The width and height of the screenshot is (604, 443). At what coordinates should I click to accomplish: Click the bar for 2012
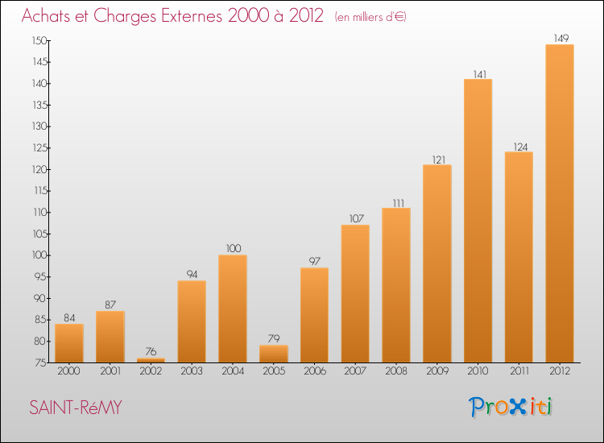pos(560,204)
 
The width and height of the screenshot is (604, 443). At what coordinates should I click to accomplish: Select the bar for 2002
pos(151,360)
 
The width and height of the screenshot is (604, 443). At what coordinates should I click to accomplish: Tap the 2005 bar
pos(274,354)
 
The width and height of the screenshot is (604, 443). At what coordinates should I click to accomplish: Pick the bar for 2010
pos(478,221)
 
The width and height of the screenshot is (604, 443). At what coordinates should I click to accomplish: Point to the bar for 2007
pos(355,293)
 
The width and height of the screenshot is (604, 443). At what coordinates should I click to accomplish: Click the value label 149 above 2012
pos(561,38)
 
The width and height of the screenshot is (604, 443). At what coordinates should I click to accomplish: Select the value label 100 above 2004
pos(234,248)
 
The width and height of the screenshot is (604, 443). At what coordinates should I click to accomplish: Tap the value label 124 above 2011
pos(520,147)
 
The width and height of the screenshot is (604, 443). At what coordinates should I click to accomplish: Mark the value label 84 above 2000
pos(69,318)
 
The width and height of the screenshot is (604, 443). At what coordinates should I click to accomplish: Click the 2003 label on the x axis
pos(192,371)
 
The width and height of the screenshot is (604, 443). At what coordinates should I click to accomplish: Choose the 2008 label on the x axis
pos(396,371)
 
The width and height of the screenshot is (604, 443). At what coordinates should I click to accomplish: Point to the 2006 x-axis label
pos(314,371)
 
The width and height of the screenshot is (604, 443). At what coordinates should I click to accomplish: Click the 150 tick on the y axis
pos(39,40)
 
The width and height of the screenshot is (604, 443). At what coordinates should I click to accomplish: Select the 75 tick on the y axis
pos(41,362)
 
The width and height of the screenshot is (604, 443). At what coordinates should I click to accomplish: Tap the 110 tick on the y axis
pos(39,213)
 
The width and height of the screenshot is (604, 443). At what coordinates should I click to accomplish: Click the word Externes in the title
pos(192,16)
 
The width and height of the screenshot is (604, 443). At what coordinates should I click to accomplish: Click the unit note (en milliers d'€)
pos(370,17)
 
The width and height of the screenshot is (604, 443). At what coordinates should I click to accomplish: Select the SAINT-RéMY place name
pos(76,408)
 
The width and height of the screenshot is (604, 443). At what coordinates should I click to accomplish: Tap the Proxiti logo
pos(510,407)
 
